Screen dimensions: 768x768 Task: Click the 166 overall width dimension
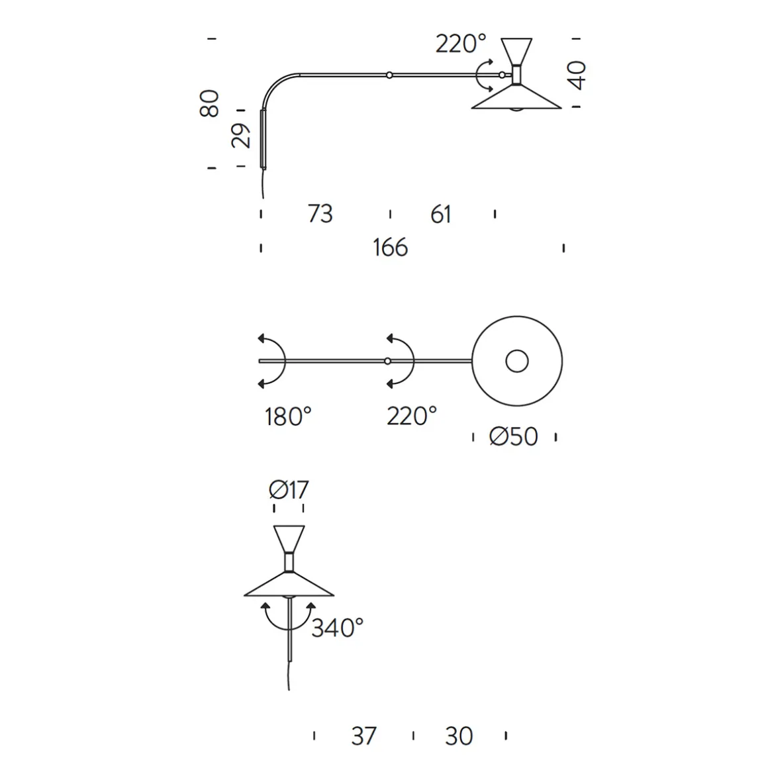pos(390,248)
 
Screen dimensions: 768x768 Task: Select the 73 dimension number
pos(320,214)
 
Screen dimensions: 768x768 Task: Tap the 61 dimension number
pos(440,214)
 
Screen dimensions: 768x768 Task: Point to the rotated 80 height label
pos(209,103)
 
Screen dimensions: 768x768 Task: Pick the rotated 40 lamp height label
pos(577,74)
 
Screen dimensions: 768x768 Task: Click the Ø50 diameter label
pos(514,437)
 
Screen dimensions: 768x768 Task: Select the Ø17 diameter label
pos(289,490)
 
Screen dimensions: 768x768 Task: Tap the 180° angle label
pos(288,416)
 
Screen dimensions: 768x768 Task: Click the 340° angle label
pos(338,628)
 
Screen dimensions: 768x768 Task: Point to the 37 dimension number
pos(363,736)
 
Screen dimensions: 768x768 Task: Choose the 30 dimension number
pos(459,736)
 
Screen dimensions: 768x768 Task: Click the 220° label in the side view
pos(461,44)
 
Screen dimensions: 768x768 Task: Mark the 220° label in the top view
pos(412,416)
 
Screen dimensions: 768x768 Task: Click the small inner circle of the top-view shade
pos(517,361)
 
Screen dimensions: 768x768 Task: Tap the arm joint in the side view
pos(390,75)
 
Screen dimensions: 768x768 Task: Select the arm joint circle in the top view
pos(387,361)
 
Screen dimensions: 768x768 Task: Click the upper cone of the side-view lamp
pos(516,50)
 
